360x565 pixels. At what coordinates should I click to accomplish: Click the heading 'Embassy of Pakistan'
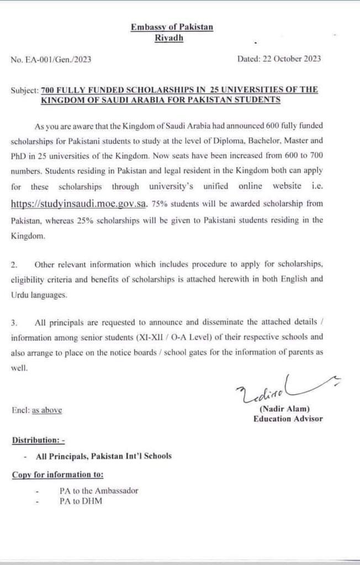click(172, 27)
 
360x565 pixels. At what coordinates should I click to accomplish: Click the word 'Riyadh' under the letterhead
click(169, 38)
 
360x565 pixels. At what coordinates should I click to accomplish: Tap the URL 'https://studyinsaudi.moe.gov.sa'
click(79, 204)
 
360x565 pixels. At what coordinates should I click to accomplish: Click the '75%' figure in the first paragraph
click(158, 204)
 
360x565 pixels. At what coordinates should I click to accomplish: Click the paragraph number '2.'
click(15, 265)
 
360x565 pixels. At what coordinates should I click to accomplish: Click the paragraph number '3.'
click(15, 322)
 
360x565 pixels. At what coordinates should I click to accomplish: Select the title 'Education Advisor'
click(288, 419)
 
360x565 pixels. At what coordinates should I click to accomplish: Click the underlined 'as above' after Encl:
click(47, 410)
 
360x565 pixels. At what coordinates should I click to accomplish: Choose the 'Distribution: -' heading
click(38, 440)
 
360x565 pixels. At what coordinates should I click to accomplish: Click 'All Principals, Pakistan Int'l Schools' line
click(103, 456)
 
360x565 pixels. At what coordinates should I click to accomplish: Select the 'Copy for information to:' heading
click(57, 475)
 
